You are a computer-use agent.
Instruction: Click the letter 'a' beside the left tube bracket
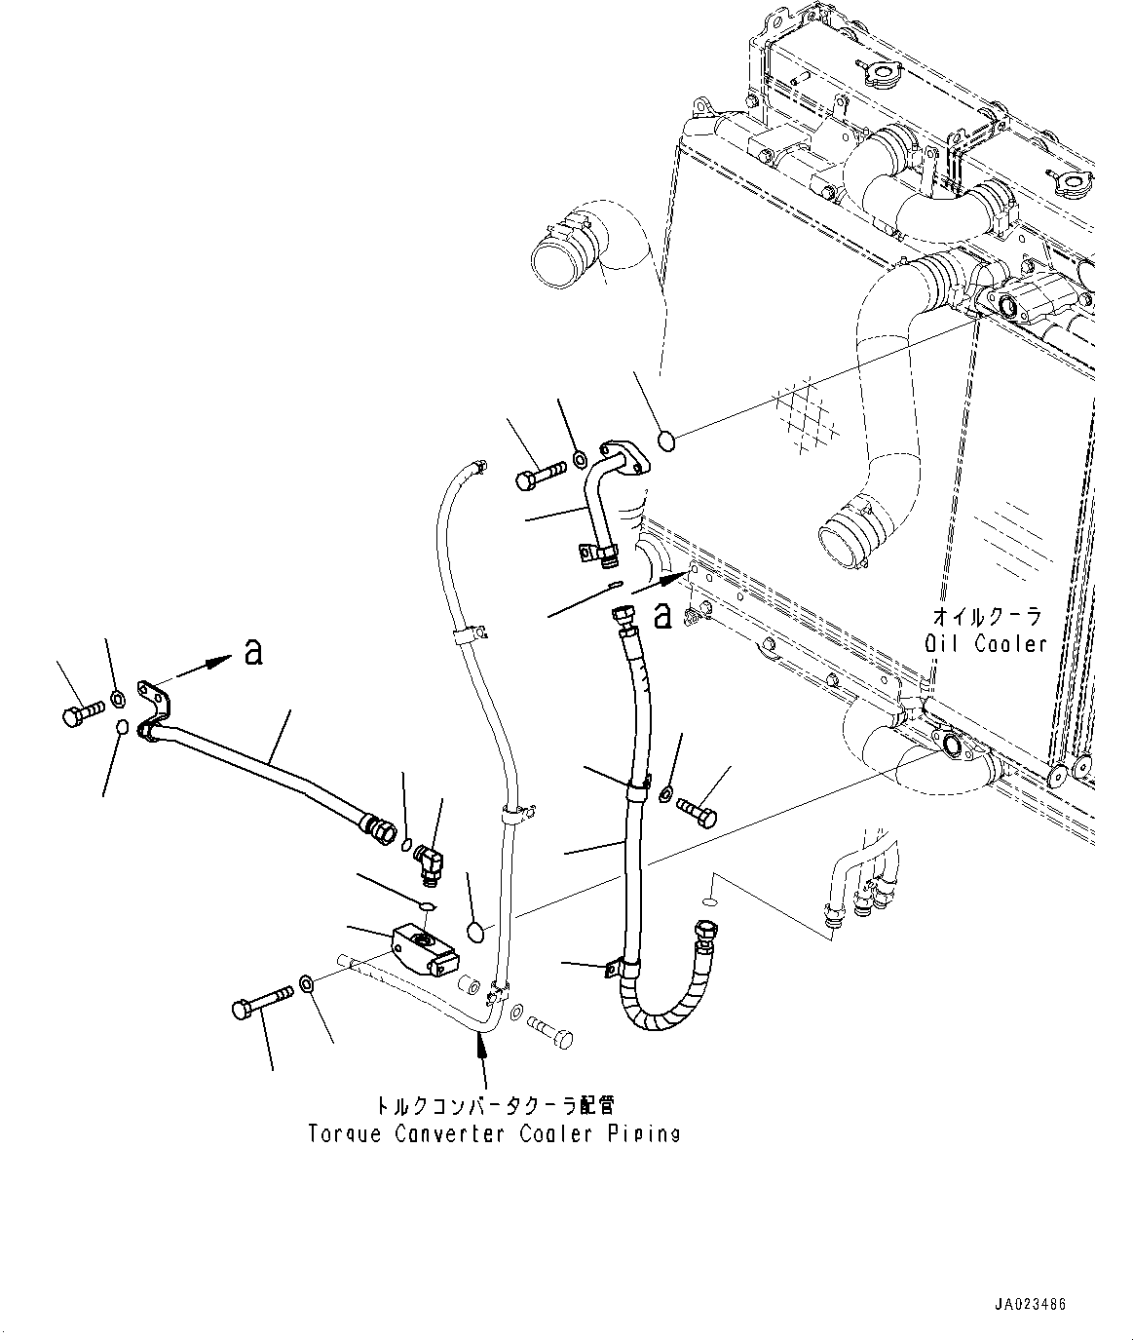(253, 653)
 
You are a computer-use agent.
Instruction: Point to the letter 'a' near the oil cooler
(662, 615)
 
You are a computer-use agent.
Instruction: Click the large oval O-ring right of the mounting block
(474, 932)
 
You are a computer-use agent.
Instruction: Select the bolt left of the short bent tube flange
(538, 478)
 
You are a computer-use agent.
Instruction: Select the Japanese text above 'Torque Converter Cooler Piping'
(495, 1105)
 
